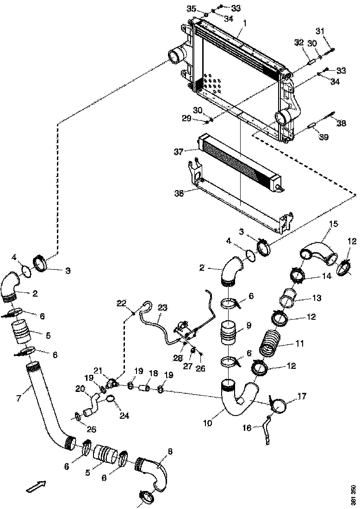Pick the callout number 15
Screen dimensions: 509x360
333,223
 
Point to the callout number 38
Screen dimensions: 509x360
341,124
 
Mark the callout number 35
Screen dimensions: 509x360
192,9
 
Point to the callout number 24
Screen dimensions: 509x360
124,416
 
